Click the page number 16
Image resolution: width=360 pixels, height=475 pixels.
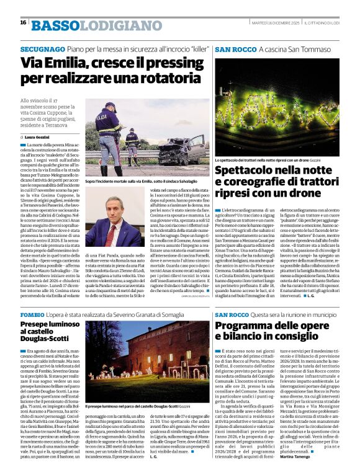click(23, 22)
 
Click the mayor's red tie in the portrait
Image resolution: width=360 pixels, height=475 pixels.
click(112, 230)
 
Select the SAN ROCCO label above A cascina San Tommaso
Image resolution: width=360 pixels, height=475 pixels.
click(232, 48)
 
